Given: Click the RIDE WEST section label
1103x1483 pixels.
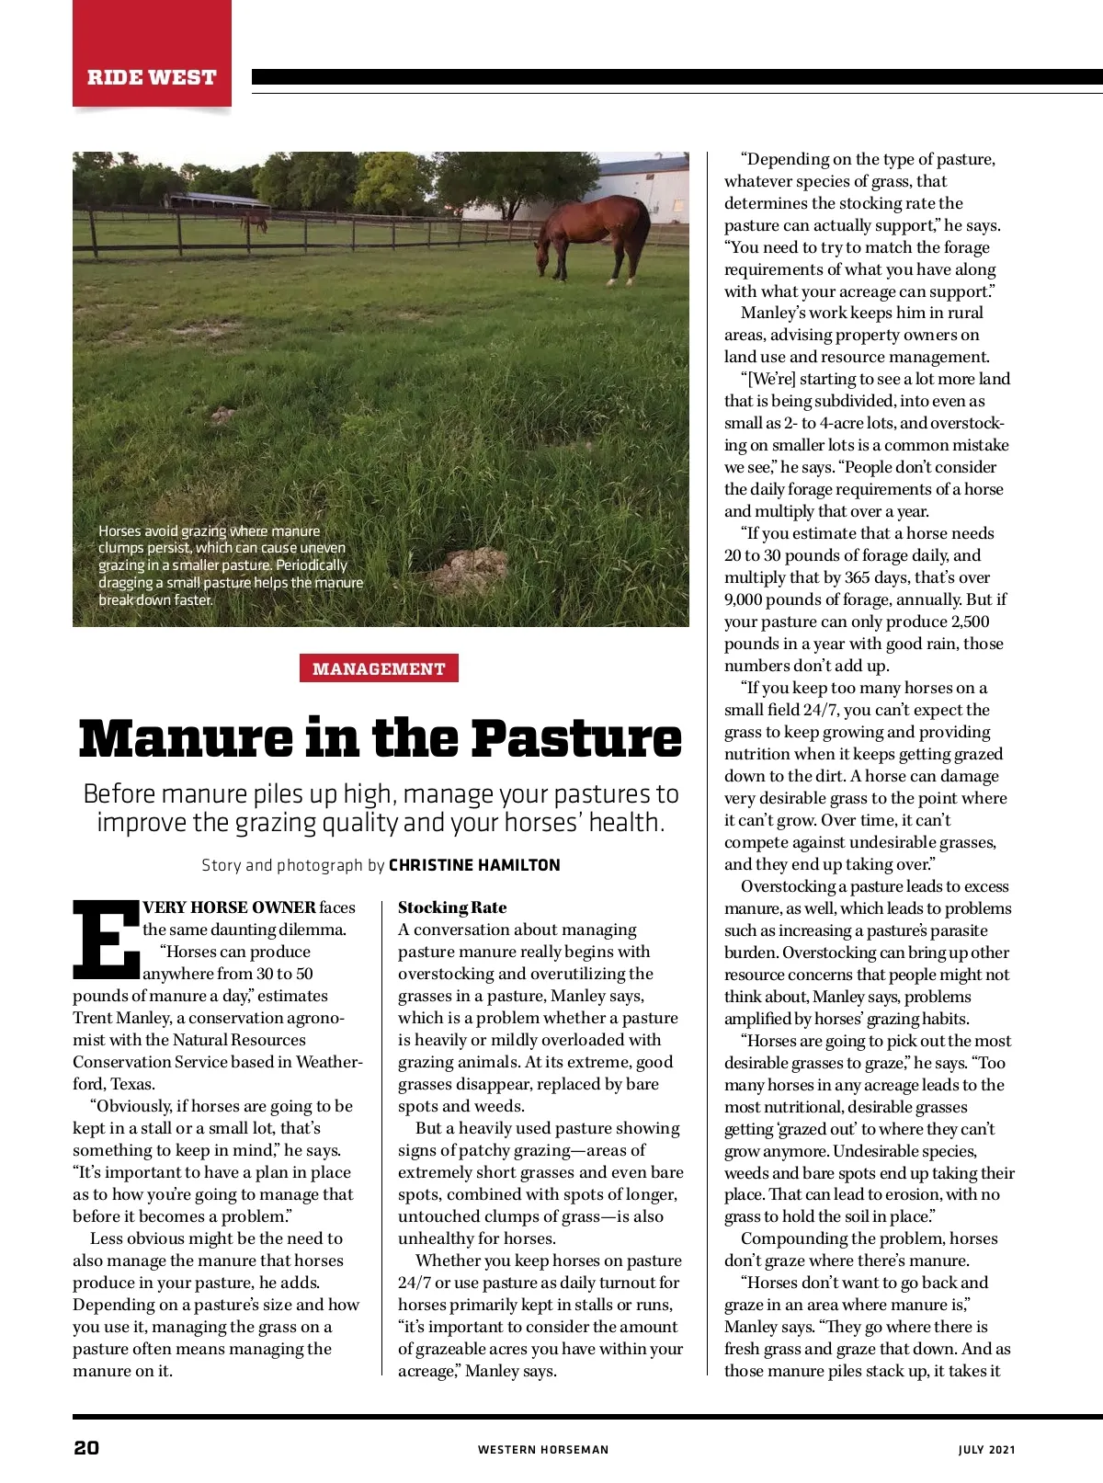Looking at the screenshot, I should pos(152,77).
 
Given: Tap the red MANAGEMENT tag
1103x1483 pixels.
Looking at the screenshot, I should pos(379,668).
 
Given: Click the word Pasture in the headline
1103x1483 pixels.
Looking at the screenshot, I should pos(577,738).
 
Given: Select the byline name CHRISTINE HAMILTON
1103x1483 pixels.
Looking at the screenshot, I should pos(474,865).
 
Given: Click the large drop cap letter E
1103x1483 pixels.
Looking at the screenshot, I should pos(104,939).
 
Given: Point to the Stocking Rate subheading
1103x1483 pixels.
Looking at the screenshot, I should pos(452,907).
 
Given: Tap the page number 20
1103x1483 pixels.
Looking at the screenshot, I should pos(86,1448).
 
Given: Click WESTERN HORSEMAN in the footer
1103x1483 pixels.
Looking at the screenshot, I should pos(543,1450).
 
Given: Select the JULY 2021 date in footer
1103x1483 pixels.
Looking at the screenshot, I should pos(986,1450).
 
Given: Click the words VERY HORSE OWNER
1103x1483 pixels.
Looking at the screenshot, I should pos(229,907).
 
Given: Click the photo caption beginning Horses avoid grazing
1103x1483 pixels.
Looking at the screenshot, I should pos(230,565).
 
